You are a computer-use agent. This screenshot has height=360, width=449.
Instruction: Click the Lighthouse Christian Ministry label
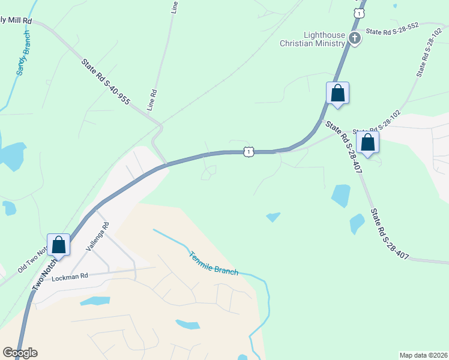[x=313, y=39]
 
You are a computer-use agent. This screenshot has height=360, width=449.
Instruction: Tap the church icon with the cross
[x=355, y=39]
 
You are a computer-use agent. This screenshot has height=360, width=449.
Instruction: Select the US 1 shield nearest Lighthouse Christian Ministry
[x=358, y=13]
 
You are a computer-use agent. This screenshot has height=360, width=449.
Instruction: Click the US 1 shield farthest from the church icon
[x=248, y=152]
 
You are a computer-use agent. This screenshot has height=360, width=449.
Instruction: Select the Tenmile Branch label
[x=213, y=263]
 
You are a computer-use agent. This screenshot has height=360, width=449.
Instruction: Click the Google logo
[x=20, y=353]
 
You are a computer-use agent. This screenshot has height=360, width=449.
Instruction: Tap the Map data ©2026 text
[x=423, y=355]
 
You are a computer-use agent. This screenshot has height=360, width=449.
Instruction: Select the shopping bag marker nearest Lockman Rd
[x=58, y=245]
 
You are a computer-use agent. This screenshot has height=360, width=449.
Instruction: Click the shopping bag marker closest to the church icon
[x=337, y=93]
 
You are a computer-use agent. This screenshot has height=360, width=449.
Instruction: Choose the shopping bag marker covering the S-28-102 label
[x=368, y=143]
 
